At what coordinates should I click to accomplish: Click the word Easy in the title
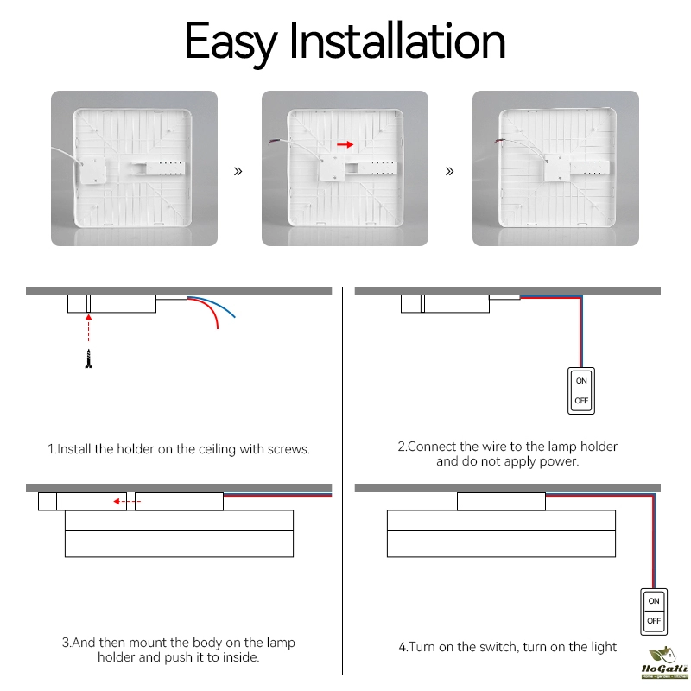click(231, 42)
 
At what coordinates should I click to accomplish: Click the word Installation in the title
click(397, 40)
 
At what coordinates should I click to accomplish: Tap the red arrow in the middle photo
click(345, 144)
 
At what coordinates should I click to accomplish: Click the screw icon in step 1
click(89, 358)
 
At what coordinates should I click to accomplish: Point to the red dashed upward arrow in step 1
click(89, 328)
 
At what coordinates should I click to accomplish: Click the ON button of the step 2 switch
click(581, 380)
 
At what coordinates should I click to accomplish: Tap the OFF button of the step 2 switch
click(581, 401)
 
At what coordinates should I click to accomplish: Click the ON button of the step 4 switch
click(654, 600)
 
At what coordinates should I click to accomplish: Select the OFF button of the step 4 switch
click(654, 621)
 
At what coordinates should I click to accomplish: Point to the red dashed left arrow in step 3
click(127, 502)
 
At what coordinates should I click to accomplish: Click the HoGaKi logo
click(664, 662)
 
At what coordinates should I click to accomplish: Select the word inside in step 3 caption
click(241, 657)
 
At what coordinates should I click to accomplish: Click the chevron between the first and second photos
click(238, 171)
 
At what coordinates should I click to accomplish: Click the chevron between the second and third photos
click(449, 171)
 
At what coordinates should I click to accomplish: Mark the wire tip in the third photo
click(497, 141)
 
